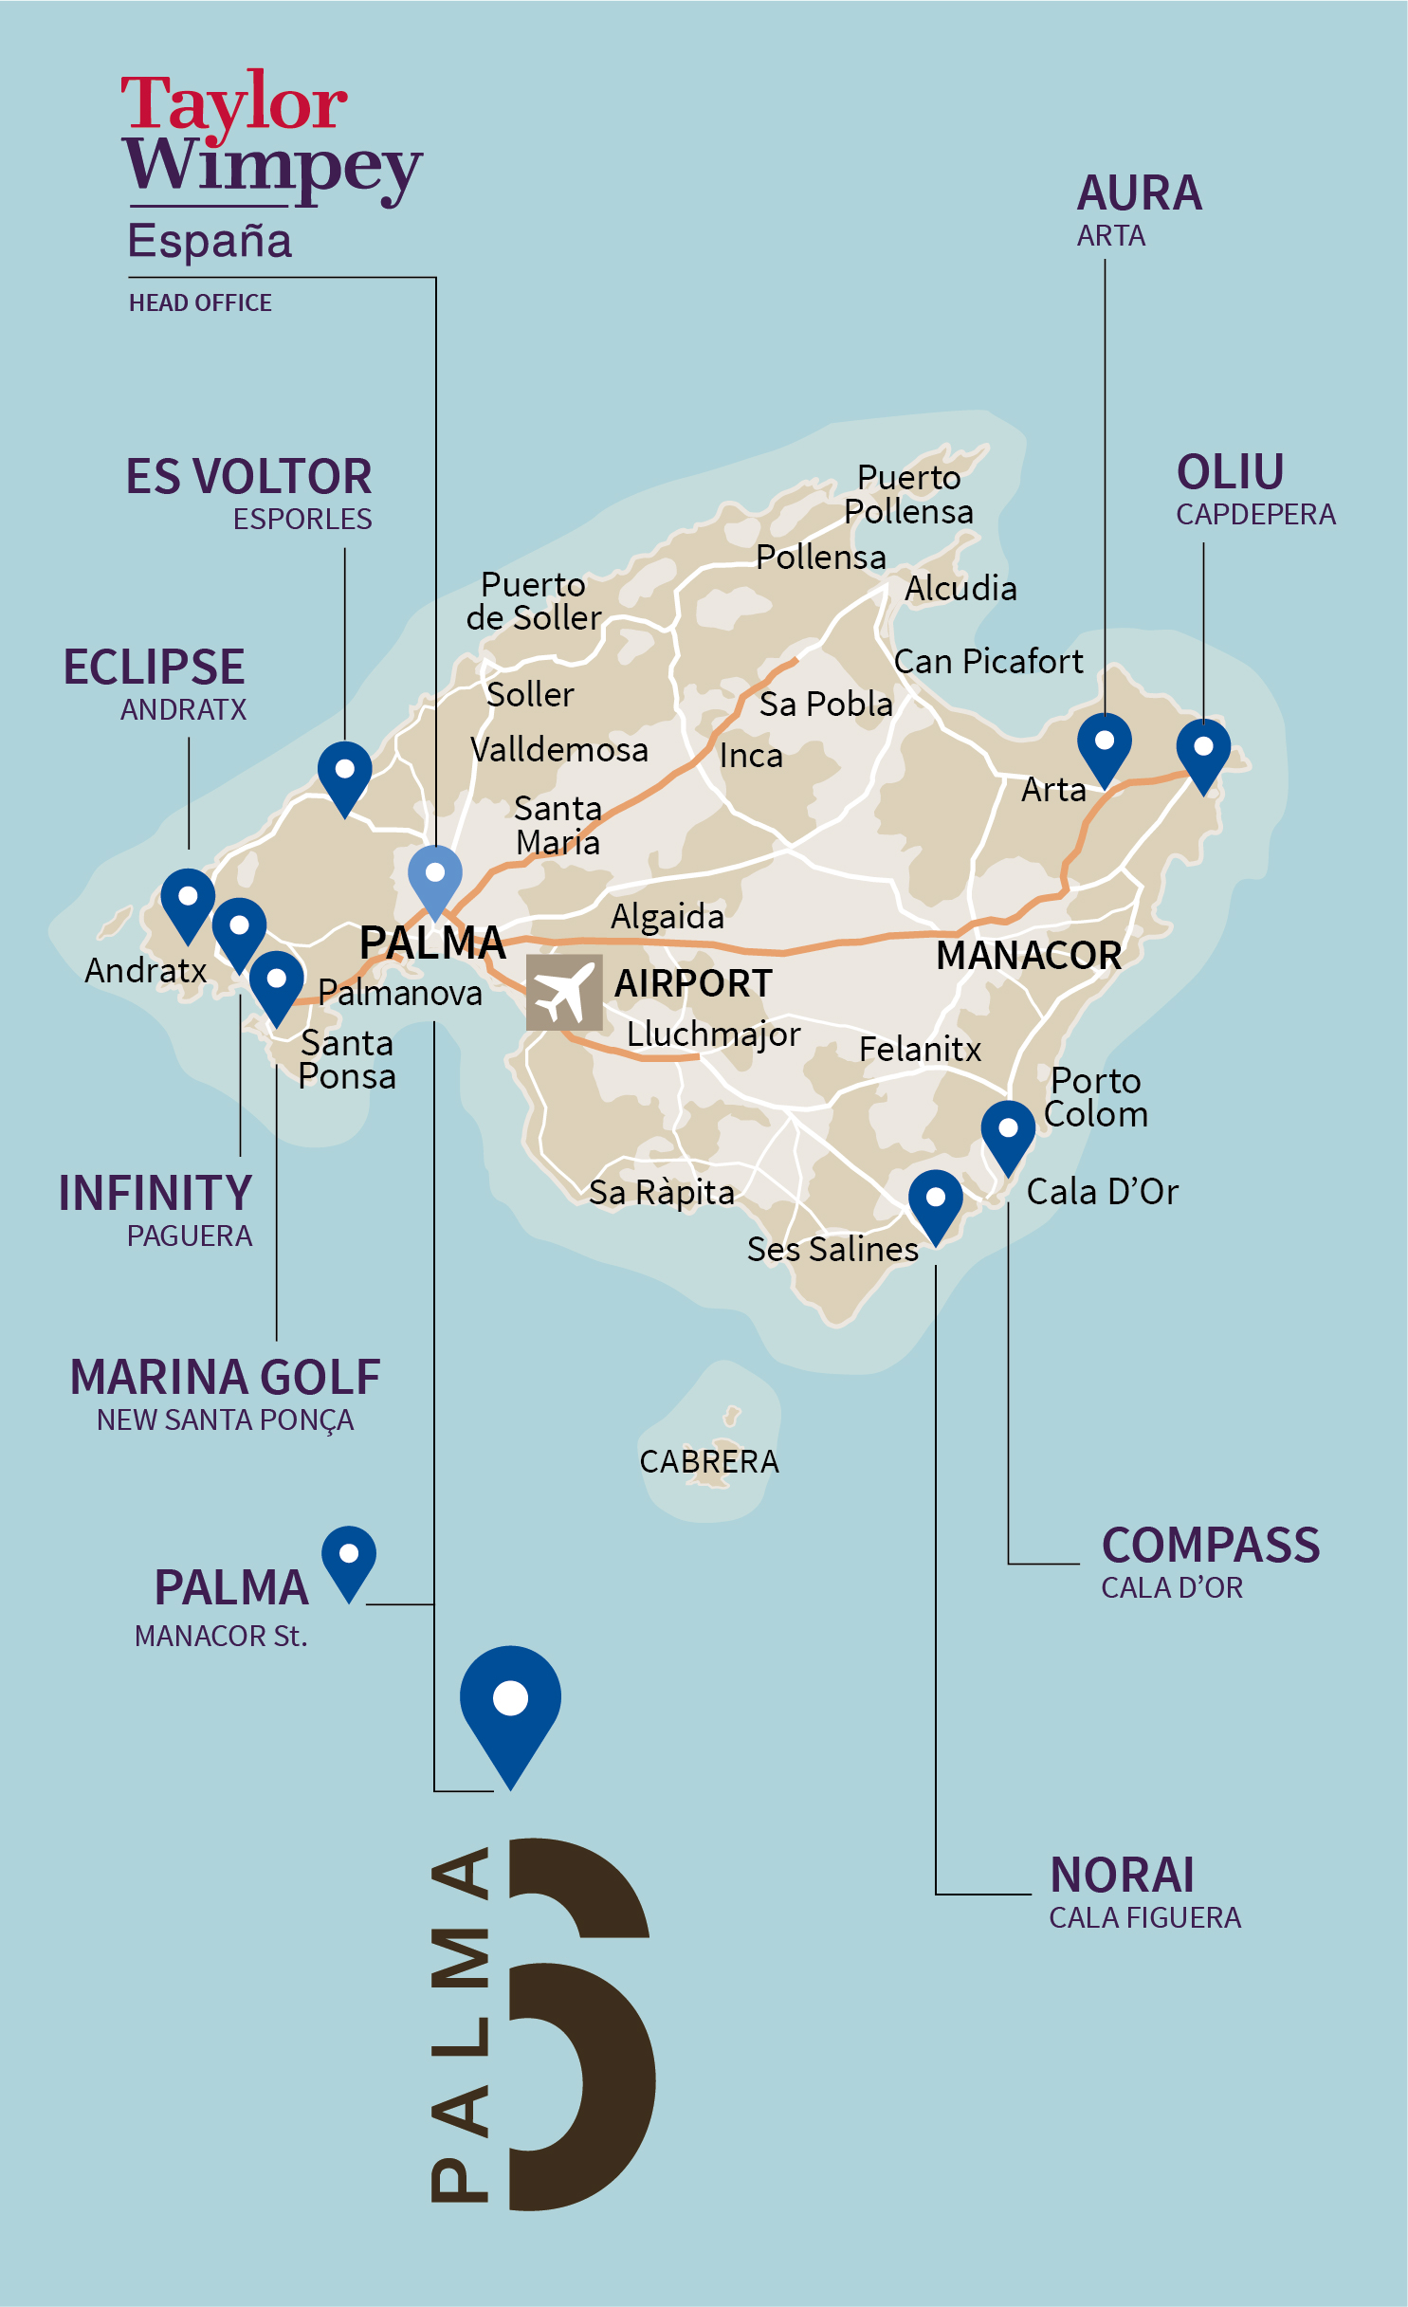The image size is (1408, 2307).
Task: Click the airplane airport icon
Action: (x=564, y=992)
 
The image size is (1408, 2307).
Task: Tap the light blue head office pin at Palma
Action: (x=435, y=878)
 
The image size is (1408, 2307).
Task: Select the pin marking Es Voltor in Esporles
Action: (x=345, y=775)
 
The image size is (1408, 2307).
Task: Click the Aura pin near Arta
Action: (x=1105, y=746)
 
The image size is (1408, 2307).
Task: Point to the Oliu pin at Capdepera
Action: (x=1203, y=752)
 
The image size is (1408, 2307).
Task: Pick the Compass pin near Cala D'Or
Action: (x=1008, y=1133)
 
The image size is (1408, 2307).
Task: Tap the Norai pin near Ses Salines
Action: (x=935, y=1202)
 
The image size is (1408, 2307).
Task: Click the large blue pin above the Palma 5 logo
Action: (x=510, y=1707)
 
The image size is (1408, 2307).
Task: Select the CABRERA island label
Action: (x=709, y=1461)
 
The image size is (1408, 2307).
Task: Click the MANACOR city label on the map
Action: (x=1029, y=955)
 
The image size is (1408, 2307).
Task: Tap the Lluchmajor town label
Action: (x=713, y=1034)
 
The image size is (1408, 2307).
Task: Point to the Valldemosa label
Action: (x=559, y=749)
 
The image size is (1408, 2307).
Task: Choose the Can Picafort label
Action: (x=988, y=661)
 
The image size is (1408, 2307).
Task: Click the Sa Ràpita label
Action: (x=662, y=1192)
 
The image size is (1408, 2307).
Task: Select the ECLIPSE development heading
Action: (x=155, y=667)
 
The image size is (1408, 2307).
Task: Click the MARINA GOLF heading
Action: (x=225, y=1377)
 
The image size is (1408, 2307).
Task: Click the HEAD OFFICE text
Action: (x=200, y=302)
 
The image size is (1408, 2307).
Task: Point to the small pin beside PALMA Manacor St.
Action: (x=349, y=1559)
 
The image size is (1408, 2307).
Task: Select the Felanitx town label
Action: (x=920, y=1049)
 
